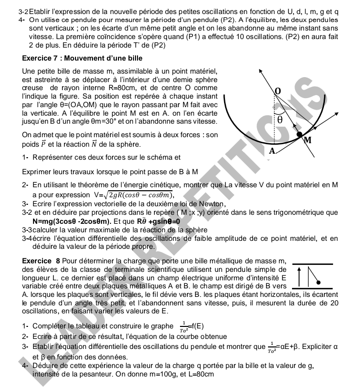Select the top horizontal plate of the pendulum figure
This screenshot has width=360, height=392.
point(309,263)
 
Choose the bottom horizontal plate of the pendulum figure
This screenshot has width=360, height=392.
point(309,288)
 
